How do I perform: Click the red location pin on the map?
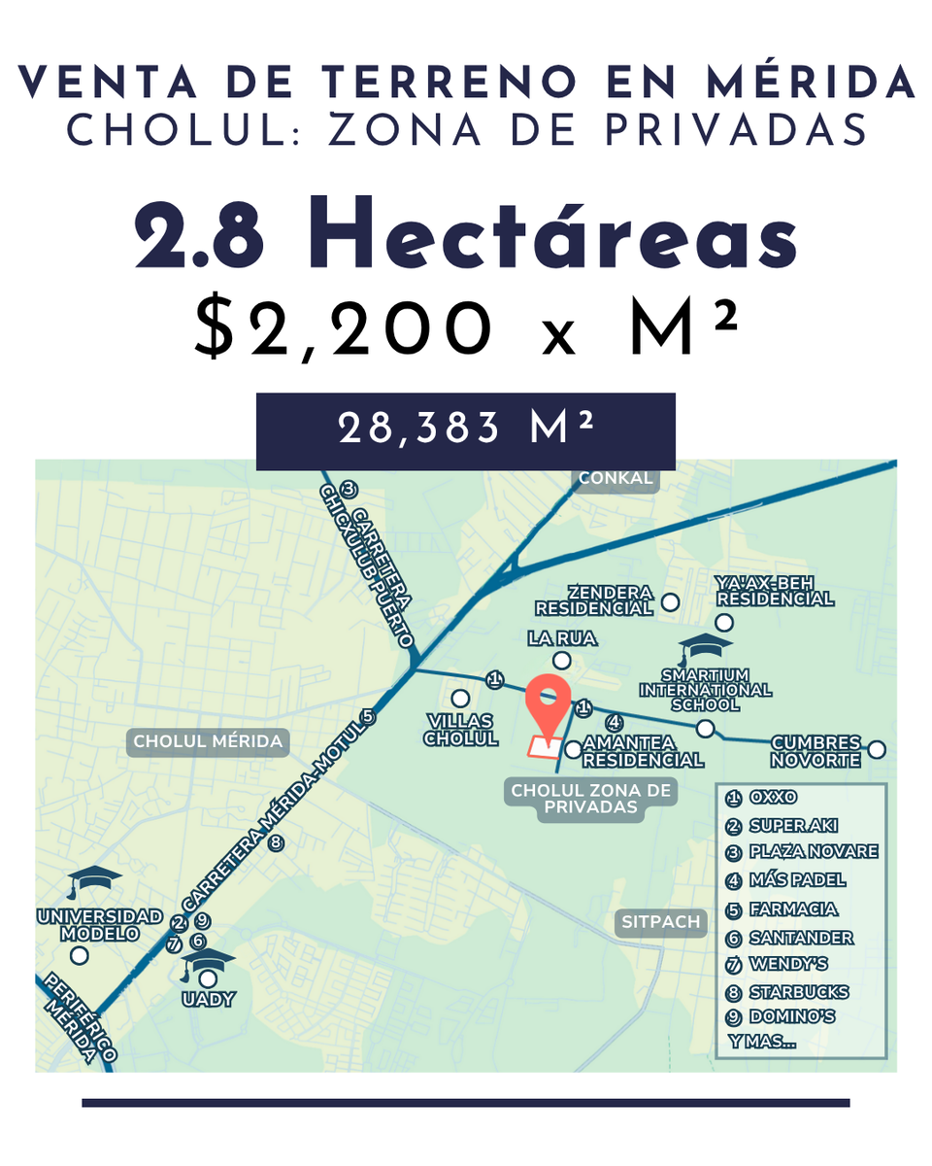click(548, 705)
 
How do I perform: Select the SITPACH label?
click(661, 922)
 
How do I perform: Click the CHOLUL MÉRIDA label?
click(208, 742)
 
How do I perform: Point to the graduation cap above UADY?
click(208, 960)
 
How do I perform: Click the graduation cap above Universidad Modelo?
click(93, 880)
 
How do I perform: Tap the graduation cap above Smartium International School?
click(705, 648)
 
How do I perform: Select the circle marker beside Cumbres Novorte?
click(877, 749)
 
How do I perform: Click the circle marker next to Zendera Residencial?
click(670, 602)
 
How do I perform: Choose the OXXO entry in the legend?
click(772, 798)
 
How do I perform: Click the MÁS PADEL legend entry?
click(797, 880)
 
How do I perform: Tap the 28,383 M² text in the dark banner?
click(466, 429)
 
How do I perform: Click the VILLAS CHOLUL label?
click(461, 730)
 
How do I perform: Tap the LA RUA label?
click(562, 638)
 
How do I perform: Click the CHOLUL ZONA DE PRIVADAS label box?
click(590, 800)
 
